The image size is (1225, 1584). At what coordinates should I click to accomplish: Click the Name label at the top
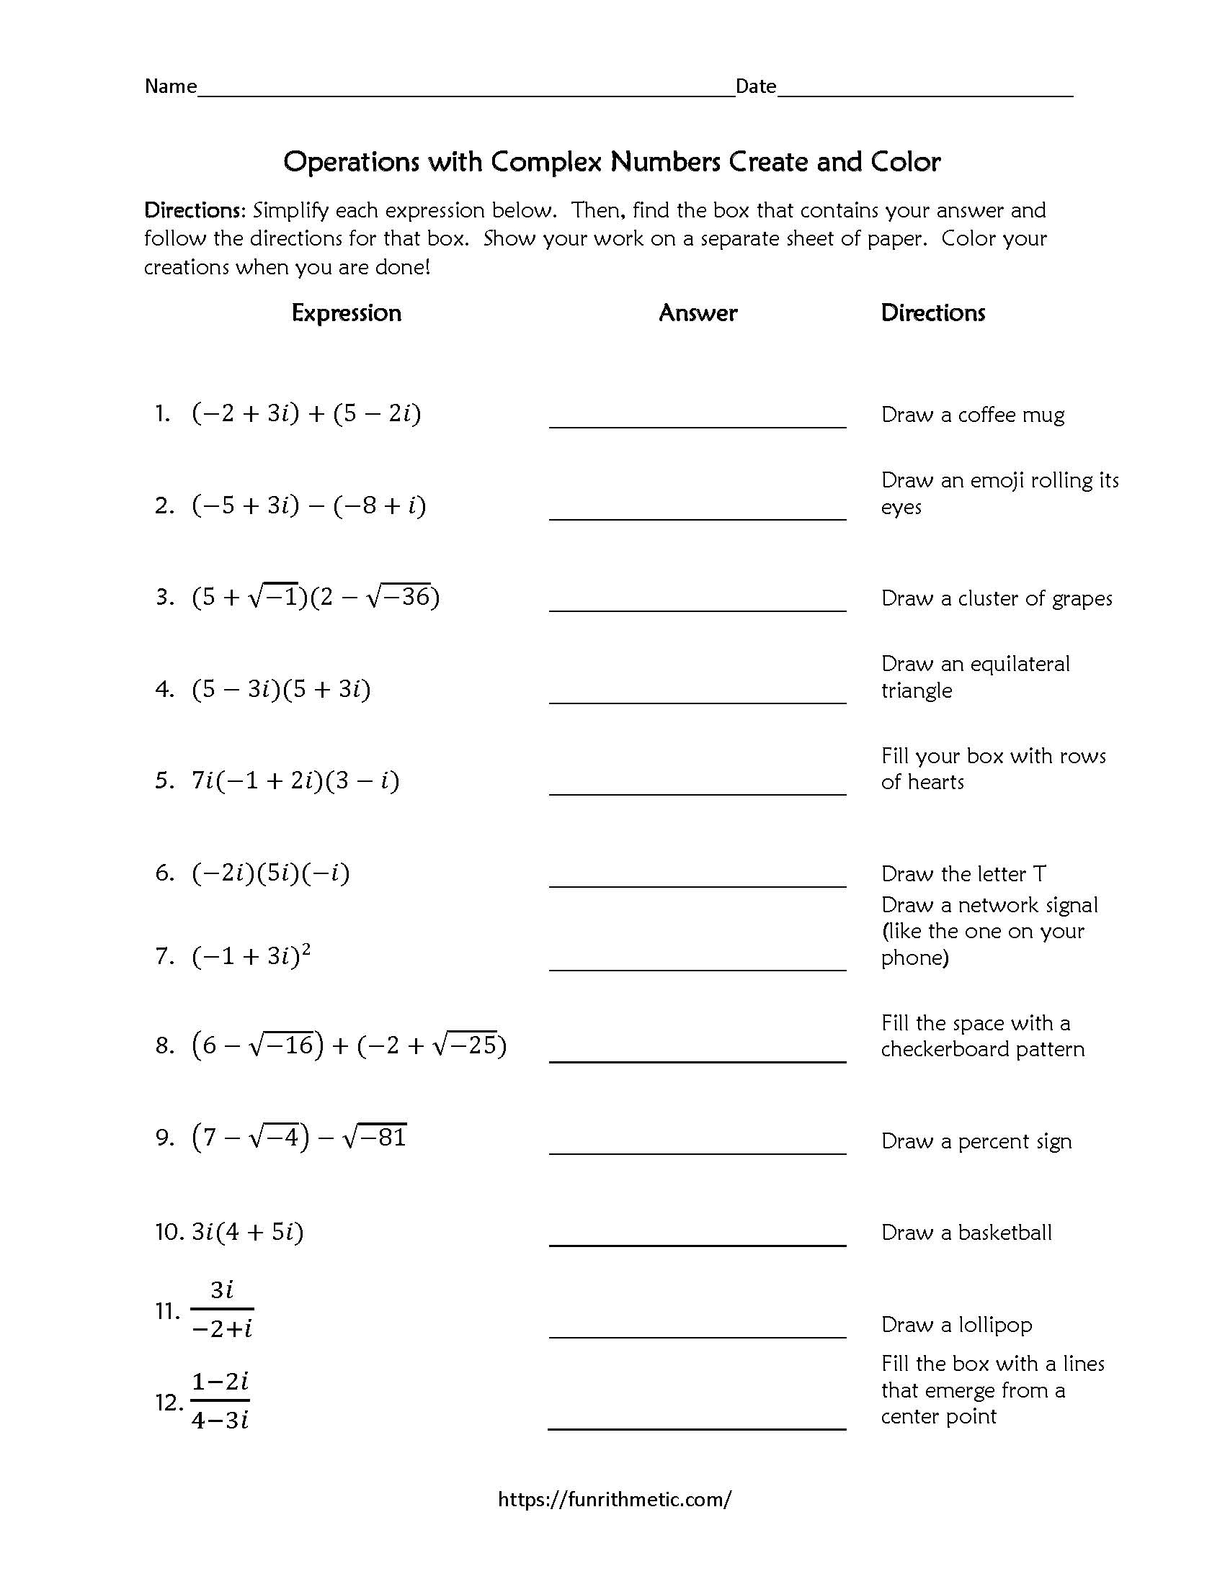tap(171, 86)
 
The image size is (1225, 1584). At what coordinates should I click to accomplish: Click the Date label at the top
tap(755, 86)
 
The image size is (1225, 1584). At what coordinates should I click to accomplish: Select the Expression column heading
tap(346, 312)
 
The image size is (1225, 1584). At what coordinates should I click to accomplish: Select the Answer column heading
tap(698, 312)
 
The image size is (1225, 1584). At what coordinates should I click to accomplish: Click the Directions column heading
tap(932, 312)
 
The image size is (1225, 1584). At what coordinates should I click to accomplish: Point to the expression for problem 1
tap(306, 413)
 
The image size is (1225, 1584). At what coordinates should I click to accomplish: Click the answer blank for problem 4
tap(697, 693)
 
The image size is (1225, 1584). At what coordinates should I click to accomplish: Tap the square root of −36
tap(399, 596)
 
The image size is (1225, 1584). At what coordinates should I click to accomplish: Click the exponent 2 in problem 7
tap(306, 948)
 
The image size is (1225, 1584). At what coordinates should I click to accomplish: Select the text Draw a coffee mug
tap(973, 415)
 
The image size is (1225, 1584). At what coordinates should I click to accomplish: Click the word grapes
tap(1082, 598)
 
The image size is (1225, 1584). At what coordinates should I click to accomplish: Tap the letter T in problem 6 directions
tap(1039, 874)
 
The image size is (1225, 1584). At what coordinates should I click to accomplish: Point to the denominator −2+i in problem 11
tap(222, 1328)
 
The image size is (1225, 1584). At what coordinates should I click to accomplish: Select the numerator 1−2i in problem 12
tap(220, 1382)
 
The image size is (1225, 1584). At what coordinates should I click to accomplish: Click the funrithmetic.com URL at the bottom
tap(614, 1499)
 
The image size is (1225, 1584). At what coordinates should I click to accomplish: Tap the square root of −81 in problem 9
tap(375, 1136)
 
